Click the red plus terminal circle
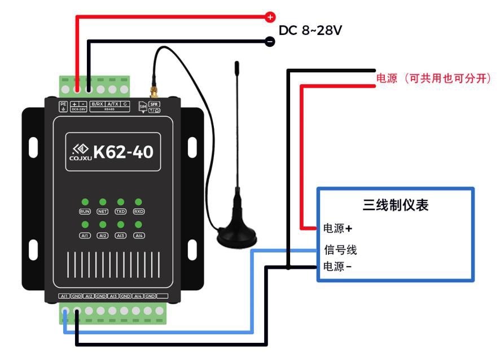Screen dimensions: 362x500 270,17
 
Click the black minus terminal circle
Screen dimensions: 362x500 270,41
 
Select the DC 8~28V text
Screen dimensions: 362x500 310,30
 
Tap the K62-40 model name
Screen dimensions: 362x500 123,151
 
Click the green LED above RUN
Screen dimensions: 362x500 85,202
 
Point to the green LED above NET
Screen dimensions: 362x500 103,202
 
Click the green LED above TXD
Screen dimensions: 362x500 120,202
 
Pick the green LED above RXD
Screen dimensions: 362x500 138,202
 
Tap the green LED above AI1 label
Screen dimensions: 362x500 85,225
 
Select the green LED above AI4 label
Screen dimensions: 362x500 138,225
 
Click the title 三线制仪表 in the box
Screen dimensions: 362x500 395,205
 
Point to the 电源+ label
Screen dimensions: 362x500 337,229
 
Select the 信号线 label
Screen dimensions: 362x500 340,250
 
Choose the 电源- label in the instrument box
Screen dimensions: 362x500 337,267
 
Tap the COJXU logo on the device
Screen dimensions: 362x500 79,151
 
